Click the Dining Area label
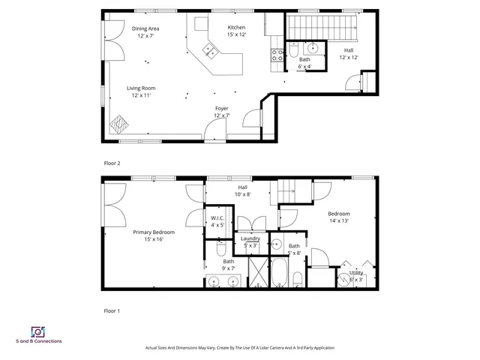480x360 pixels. point(145,28)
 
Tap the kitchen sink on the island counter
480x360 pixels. point(208,52)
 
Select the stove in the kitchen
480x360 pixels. point(276,55)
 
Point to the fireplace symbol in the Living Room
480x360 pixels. point(118,124)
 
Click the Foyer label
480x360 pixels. point(221,109)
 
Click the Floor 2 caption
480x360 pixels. point(112,163)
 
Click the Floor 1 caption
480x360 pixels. point(112,310)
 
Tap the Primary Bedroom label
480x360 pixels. point(148,232)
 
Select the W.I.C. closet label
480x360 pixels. point(217,218)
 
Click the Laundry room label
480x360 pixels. point(250,238)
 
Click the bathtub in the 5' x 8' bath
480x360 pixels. point(279,273)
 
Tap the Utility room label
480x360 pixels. point(356,273)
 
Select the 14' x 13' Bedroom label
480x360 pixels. point(338,214)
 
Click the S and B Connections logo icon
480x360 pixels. point(37,331)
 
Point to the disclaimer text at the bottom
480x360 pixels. point(239,348)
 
